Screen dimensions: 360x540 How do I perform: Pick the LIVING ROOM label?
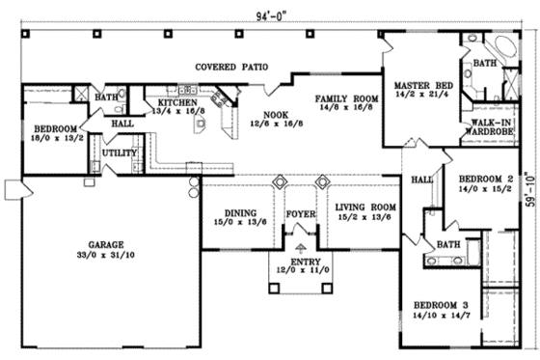(x=365, y=207)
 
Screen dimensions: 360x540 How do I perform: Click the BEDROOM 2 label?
(x=485, y=180)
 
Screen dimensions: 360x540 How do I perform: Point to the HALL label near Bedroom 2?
(x=421, y=180)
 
